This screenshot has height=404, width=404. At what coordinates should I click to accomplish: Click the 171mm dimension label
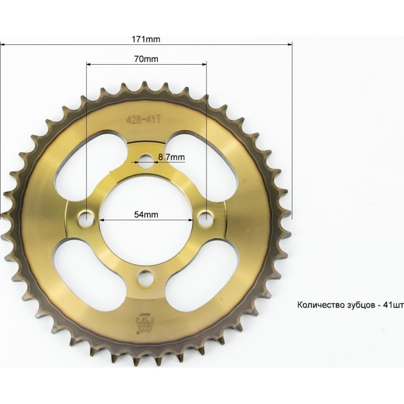tap(146, 39)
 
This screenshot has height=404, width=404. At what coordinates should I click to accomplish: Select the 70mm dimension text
tap(146, 59)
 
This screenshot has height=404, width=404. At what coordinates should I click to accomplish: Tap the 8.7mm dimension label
tap(171, 157)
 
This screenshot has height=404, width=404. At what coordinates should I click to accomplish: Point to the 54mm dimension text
tap(146, 214)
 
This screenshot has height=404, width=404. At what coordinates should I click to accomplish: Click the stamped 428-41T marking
tap(143, 120)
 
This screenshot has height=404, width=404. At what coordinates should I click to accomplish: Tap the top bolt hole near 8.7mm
tap(146, 161)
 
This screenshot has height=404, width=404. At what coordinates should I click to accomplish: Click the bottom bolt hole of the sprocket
tap(146, 278)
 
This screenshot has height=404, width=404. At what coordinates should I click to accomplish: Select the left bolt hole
tap(86, 217)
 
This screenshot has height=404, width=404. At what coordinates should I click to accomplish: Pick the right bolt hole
tap(206, 216)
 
